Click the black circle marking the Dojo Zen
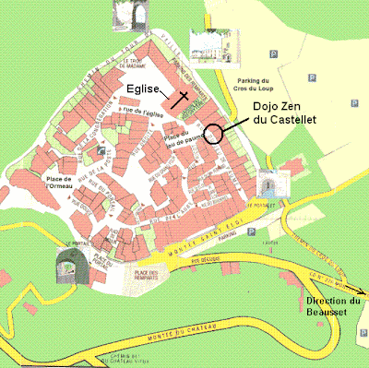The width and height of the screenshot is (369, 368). point(214,135)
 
